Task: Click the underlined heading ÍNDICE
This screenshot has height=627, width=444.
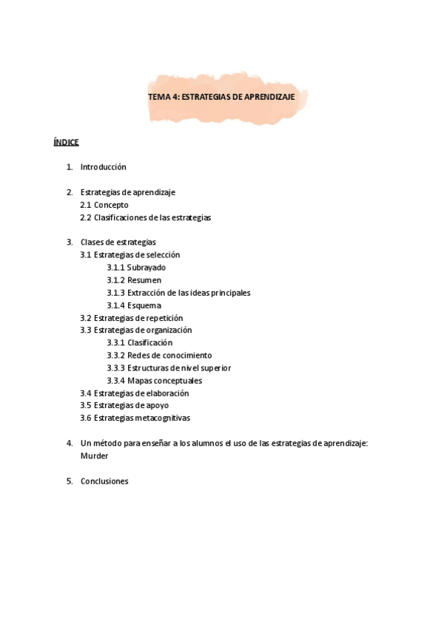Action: tap(66, 142)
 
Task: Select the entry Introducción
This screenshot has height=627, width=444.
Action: tap(103, 167)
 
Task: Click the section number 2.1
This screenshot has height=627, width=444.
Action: tap(85, 205)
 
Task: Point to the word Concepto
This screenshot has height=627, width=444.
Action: tap(111, 205)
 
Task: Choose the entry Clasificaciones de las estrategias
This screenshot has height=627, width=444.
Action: tap(152, 217)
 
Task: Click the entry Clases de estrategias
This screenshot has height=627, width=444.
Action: tap(118, 242)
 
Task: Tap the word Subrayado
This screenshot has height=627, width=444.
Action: tap(147, 268)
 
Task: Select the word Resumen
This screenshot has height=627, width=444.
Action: tap(144, 280)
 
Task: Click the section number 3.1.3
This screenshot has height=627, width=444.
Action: tap(115, 293)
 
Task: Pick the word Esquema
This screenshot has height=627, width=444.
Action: tap(144, 305)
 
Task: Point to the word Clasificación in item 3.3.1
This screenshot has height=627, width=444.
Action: tap(149, 343)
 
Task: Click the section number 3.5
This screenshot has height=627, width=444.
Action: tap(85, 405)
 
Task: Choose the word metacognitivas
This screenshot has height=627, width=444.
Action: tap(163, 418)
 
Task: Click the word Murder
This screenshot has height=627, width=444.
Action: tap(94, 455)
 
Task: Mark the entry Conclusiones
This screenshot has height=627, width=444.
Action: tap(104, 481)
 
